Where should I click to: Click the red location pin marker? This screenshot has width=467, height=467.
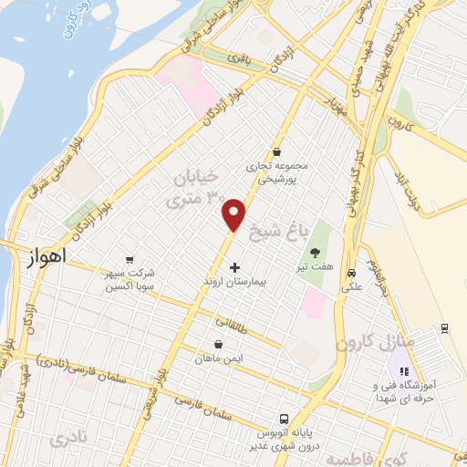point(234,213)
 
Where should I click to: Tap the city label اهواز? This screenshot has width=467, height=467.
point(37,260)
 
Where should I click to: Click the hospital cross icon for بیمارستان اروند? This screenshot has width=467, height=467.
point(235,267)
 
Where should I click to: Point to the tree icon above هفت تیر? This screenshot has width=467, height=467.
point(316,252)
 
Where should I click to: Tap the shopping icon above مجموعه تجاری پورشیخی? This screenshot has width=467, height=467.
point(276,151)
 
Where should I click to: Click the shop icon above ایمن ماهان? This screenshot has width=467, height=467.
point(218,345)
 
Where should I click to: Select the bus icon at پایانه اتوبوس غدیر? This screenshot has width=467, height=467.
point(283,412)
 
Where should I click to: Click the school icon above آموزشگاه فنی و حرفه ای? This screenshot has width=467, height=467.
point(402,371)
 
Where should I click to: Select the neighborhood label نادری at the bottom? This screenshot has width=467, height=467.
point(73,439)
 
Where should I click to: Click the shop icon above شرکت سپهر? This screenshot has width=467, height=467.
point(129,258)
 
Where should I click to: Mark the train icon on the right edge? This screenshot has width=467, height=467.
point(444,328)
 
